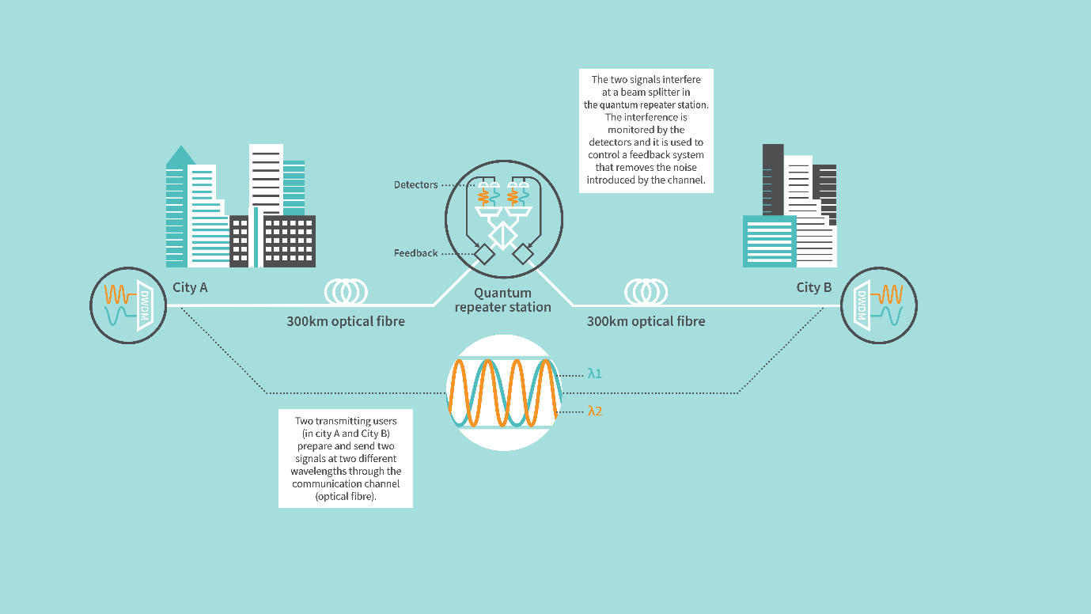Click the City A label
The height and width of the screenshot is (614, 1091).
(x=190, y=287)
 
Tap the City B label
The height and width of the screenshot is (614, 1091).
(x=813, y=287)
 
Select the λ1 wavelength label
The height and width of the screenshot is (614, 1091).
(x=595, y=373)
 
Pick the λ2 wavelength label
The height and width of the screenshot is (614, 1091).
(x=595, y=411)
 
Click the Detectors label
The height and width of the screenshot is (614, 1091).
(x=415, y=185)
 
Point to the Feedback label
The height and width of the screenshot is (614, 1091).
(x=415, y=253)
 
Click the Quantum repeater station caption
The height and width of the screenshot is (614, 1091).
(x=502, y=300)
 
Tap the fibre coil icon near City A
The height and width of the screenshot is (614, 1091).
(x=346, y=291)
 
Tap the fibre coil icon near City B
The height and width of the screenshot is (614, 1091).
(x=646, y=291)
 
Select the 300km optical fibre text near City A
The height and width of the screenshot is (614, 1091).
(x=346, y=321)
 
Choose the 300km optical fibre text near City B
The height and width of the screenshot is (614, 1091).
(x=646, y=321)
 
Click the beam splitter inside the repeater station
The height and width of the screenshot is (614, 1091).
(x=502, y=234)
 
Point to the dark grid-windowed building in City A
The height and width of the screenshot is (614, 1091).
(x=289, y=241)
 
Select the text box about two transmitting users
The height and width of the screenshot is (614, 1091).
(x=346, y=458)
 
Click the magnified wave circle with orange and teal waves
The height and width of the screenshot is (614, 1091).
(x=504, y=392)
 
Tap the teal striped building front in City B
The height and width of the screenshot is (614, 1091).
(x=769, y=241)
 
